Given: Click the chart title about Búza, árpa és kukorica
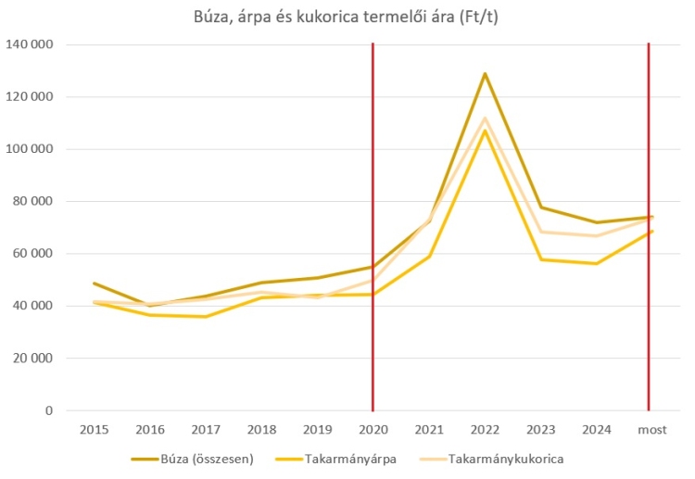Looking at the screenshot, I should (x=347, y=16).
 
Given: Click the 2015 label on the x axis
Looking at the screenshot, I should (x=95, y=431).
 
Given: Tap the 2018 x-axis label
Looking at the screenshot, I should (x=261, y=431).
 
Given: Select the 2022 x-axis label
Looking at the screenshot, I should (x=484, y=431).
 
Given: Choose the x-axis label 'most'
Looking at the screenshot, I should (x=649, y=431).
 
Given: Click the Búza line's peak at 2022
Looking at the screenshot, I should (x=484, y=73).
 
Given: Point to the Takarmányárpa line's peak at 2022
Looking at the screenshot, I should (x=484, y=131).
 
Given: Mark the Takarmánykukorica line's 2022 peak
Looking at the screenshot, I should (x=484, y=118).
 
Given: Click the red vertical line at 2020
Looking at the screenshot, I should (x=373, y=232).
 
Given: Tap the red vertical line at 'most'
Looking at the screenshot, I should (x=649, y=139).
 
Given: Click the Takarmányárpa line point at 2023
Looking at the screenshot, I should (x=539, y=259).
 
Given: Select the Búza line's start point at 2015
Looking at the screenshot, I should (x=95, y=284).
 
